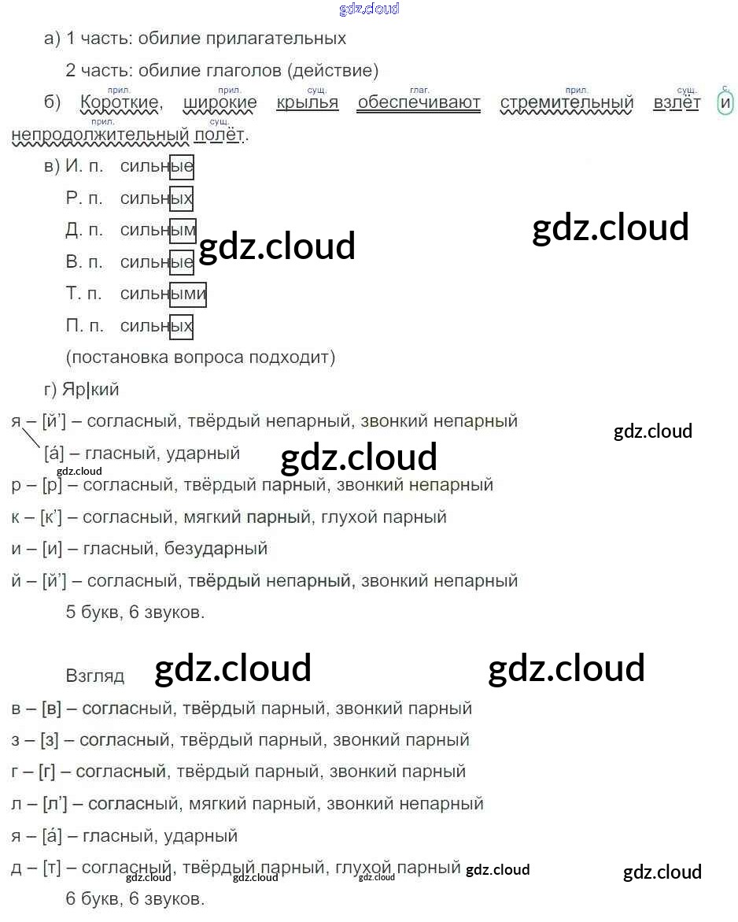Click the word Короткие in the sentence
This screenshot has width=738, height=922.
coord(120,103)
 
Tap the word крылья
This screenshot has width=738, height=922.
coord(307,103)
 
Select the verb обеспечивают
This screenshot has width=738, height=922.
coord(419,103)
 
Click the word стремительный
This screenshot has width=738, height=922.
coord(566,103)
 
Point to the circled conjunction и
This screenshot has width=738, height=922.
coord(725,103)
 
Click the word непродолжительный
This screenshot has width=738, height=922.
coord(101,135)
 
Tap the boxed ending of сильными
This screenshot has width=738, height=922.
coord(188,294)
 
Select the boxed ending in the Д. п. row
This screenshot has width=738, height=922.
coord(183,231)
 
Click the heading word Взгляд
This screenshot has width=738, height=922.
coord(95,676)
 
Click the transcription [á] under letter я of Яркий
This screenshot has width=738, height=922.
coord(54,454)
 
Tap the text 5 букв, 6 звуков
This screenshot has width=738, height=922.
coord(135,612)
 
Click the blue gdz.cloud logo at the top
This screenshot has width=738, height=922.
coord(369,9)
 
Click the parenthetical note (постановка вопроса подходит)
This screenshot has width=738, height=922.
coord(201,357)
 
